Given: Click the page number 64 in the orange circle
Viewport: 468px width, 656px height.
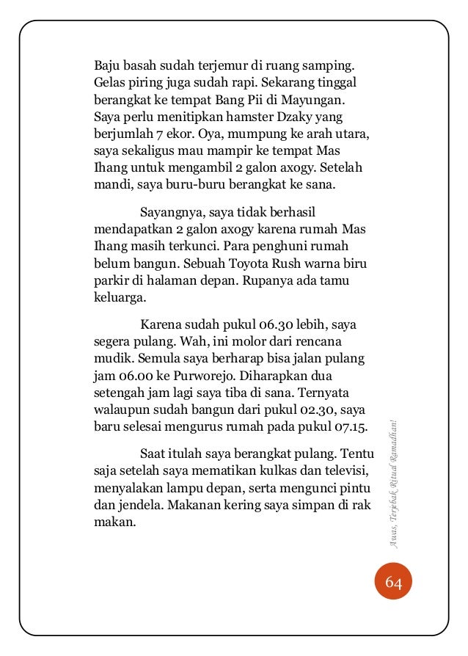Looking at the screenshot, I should tap(392, 583).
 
